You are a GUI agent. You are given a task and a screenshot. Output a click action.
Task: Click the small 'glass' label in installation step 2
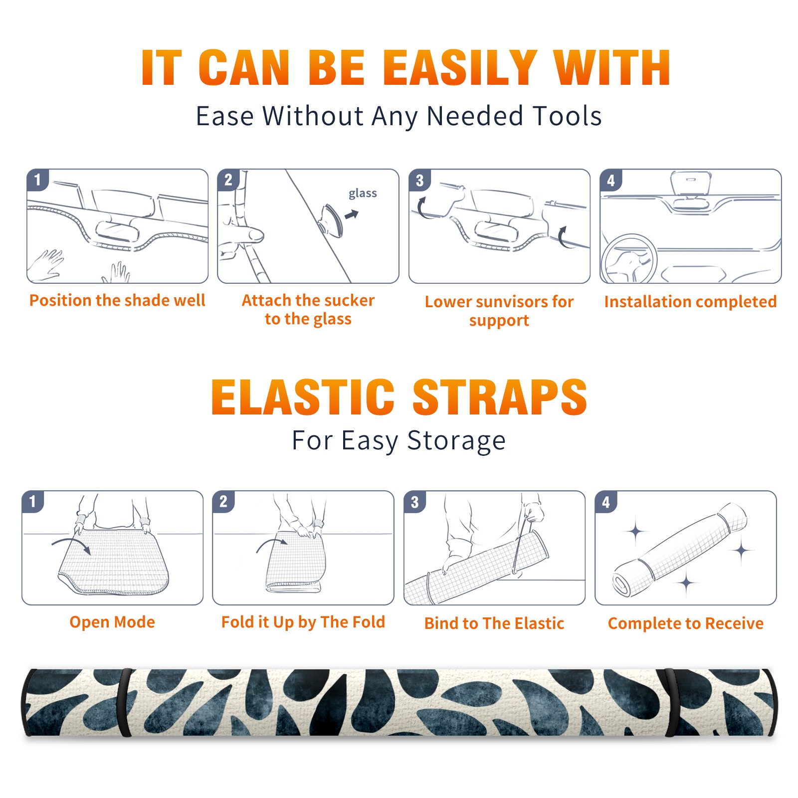point(363,194)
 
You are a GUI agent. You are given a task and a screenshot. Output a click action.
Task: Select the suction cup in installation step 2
point(332,219)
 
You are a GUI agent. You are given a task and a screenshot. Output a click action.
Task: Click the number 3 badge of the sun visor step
point(419,180)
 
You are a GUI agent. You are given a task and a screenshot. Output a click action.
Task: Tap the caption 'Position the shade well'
point(117,300)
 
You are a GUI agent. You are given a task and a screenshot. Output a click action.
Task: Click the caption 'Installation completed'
point(690,301)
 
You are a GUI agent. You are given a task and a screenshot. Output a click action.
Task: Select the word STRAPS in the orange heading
point(500,397)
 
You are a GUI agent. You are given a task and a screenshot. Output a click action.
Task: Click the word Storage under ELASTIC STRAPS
point(456,441)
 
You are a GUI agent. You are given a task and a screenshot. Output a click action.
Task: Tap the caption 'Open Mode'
point(112,622)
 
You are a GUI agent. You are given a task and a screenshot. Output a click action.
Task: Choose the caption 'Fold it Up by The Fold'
point(303,622)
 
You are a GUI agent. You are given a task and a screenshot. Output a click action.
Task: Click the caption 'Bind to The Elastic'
point(494,623)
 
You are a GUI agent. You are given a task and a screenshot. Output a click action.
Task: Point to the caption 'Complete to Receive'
point(686,623)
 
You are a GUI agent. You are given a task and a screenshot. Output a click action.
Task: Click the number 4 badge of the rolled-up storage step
point(605,502)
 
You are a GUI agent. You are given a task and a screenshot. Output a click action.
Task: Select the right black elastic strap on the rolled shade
point(670,702)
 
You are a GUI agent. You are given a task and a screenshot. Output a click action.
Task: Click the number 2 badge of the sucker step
point(228,180)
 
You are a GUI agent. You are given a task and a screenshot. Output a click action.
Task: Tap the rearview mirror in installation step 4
point(691,183)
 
